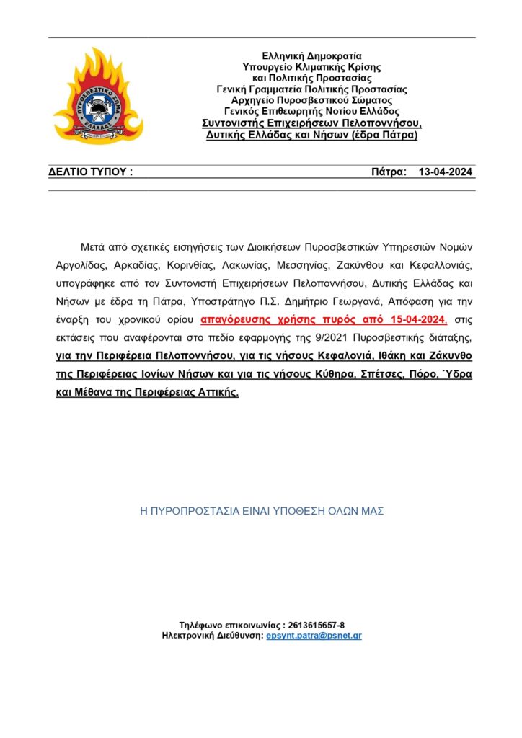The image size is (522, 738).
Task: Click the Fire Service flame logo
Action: coord(98,95)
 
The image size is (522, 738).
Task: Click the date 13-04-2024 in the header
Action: coord(445,172)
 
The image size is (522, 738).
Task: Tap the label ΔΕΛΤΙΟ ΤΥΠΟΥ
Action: coord(90,172)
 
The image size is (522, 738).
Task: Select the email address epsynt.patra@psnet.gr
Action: coord(314,636)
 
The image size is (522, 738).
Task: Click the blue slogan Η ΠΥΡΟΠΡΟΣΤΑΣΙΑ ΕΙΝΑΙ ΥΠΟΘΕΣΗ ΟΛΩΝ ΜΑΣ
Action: coord(261,511)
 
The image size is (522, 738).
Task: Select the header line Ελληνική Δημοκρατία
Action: coord(311,55)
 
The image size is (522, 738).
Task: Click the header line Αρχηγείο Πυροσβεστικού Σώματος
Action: coord(311,100)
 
